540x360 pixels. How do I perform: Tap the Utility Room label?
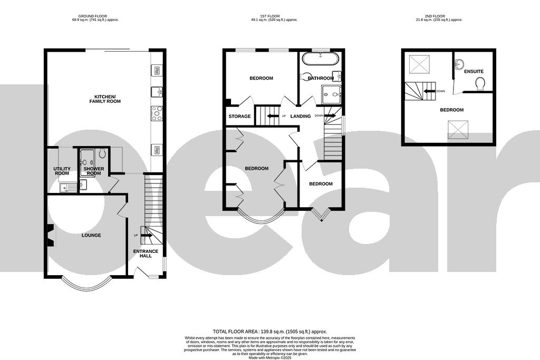[x=62, y=171]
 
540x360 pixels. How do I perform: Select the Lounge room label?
[x=91, y=235]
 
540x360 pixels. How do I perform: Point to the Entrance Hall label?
[x=146, y=254]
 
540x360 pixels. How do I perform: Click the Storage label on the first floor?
[x=239, y=116]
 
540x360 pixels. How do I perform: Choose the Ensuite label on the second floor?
[x=474, y=71]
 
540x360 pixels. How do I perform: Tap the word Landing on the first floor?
[x=301, y=116]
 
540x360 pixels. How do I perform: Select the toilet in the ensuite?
[x=480, y=83]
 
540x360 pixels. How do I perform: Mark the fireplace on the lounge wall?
[x=50, y=235]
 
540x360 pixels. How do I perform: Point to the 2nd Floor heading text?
[x=448, y=16]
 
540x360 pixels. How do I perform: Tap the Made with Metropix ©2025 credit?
[x=270, y=357]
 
